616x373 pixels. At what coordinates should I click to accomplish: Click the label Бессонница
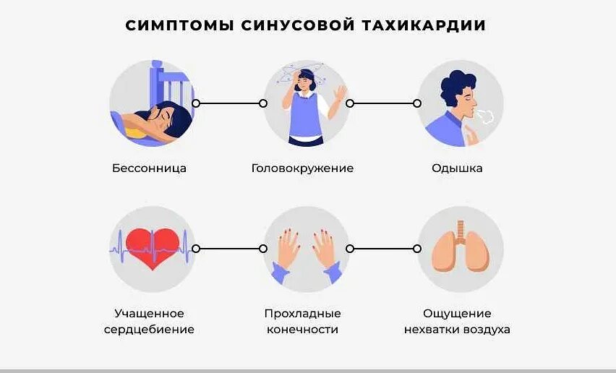click(x=150, y=168)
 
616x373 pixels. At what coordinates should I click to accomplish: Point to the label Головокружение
click(x=302, y=168)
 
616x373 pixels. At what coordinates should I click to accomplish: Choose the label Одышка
click(x=457, y=168)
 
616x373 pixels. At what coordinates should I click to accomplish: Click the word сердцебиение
click(x=154, y=330)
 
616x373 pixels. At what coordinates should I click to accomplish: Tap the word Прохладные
click(x=302, y=314)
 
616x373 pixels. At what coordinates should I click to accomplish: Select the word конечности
click(x=302, y=330)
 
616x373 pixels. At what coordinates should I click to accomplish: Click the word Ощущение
click(x=457, y=314)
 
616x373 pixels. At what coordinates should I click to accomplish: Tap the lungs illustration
click(x=461, y=250)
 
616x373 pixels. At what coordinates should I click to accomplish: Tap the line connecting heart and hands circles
click(x=229, y=249)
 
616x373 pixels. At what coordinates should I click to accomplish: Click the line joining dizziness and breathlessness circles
click(x=383, y=103)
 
